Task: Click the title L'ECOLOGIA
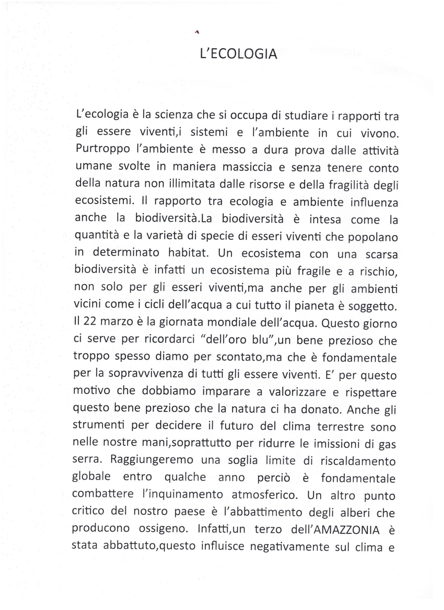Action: (239, 54)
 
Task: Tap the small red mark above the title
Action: (197, 31)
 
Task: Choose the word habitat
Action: (188, 253)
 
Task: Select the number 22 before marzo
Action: (90, 322)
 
